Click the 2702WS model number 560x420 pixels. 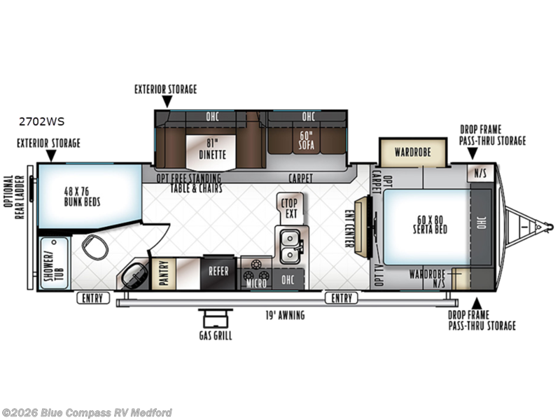(42, 122)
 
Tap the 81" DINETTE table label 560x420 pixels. (212, 149)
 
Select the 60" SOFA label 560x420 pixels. (307, 141)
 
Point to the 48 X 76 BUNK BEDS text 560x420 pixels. (82, 197)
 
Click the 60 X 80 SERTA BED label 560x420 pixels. (430, 225)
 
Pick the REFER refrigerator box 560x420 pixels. (218, 272)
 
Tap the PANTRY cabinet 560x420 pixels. (164, 273)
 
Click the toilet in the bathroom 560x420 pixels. (95, 246)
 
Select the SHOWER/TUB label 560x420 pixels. (55, 264)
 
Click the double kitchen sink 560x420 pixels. (290, 246)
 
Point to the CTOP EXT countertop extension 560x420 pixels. (290, 209)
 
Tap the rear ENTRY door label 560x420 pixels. (93, 298)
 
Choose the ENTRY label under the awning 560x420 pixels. (342, 298)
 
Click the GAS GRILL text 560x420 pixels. (216, 336)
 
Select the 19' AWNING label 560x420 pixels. (285, 316)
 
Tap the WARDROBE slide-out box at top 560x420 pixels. (413, 153)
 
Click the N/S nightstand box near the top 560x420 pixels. (480, 174)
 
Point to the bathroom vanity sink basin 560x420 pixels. (134, 276)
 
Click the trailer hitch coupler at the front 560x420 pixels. (548, 227)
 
